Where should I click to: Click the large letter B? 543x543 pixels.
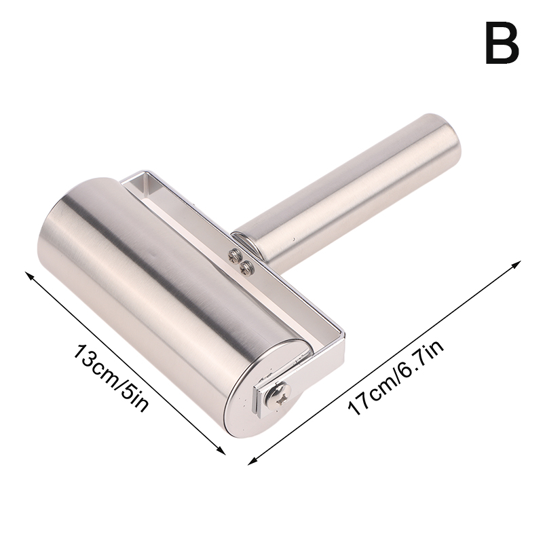coord(502,43)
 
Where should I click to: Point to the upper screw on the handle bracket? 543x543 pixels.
coord(233,255)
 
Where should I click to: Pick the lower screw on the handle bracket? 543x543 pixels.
coord(247,266)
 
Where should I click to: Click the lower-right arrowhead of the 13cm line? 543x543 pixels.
coord(220,449)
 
